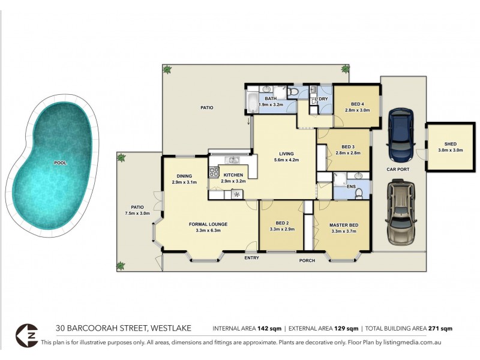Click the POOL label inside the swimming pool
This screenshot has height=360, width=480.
tap(61, 163)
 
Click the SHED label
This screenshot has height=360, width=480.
tap(450, 144)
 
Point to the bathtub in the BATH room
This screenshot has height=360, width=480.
tap(251, 100)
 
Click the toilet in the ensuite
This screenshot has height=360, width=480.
tap(359, 185)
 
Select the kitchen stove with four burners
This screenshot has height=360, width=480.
tap(213, 172)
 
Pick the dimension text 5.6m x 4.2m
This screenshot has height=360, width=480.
tap(286, 160)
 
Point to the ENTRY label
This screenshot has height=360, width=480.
tap(251, 258)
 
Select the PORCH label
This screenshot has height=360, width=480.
tap(308, 260)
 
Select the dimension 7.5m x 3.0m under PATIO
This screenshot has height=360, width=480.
tap(137, 213)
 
